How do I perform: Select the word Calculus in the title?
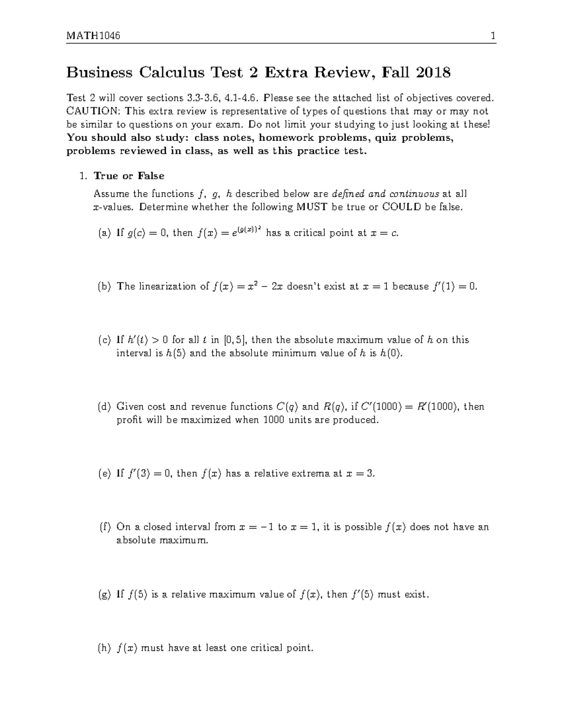(171, 73)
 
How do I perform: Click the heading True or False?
(129, 176)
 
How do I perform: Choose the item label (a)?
(104, 233)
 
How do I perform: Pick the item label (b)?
(104, 286)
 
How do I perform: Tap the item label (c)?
(104, 340)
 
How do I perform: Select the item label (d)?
(104, 406)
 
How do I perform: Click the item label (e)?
(104, 474)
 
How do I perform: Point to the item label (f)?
(104, 527)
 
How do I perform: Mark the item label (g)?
(104, 595)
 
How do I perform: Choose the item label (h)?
(104, 648)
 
